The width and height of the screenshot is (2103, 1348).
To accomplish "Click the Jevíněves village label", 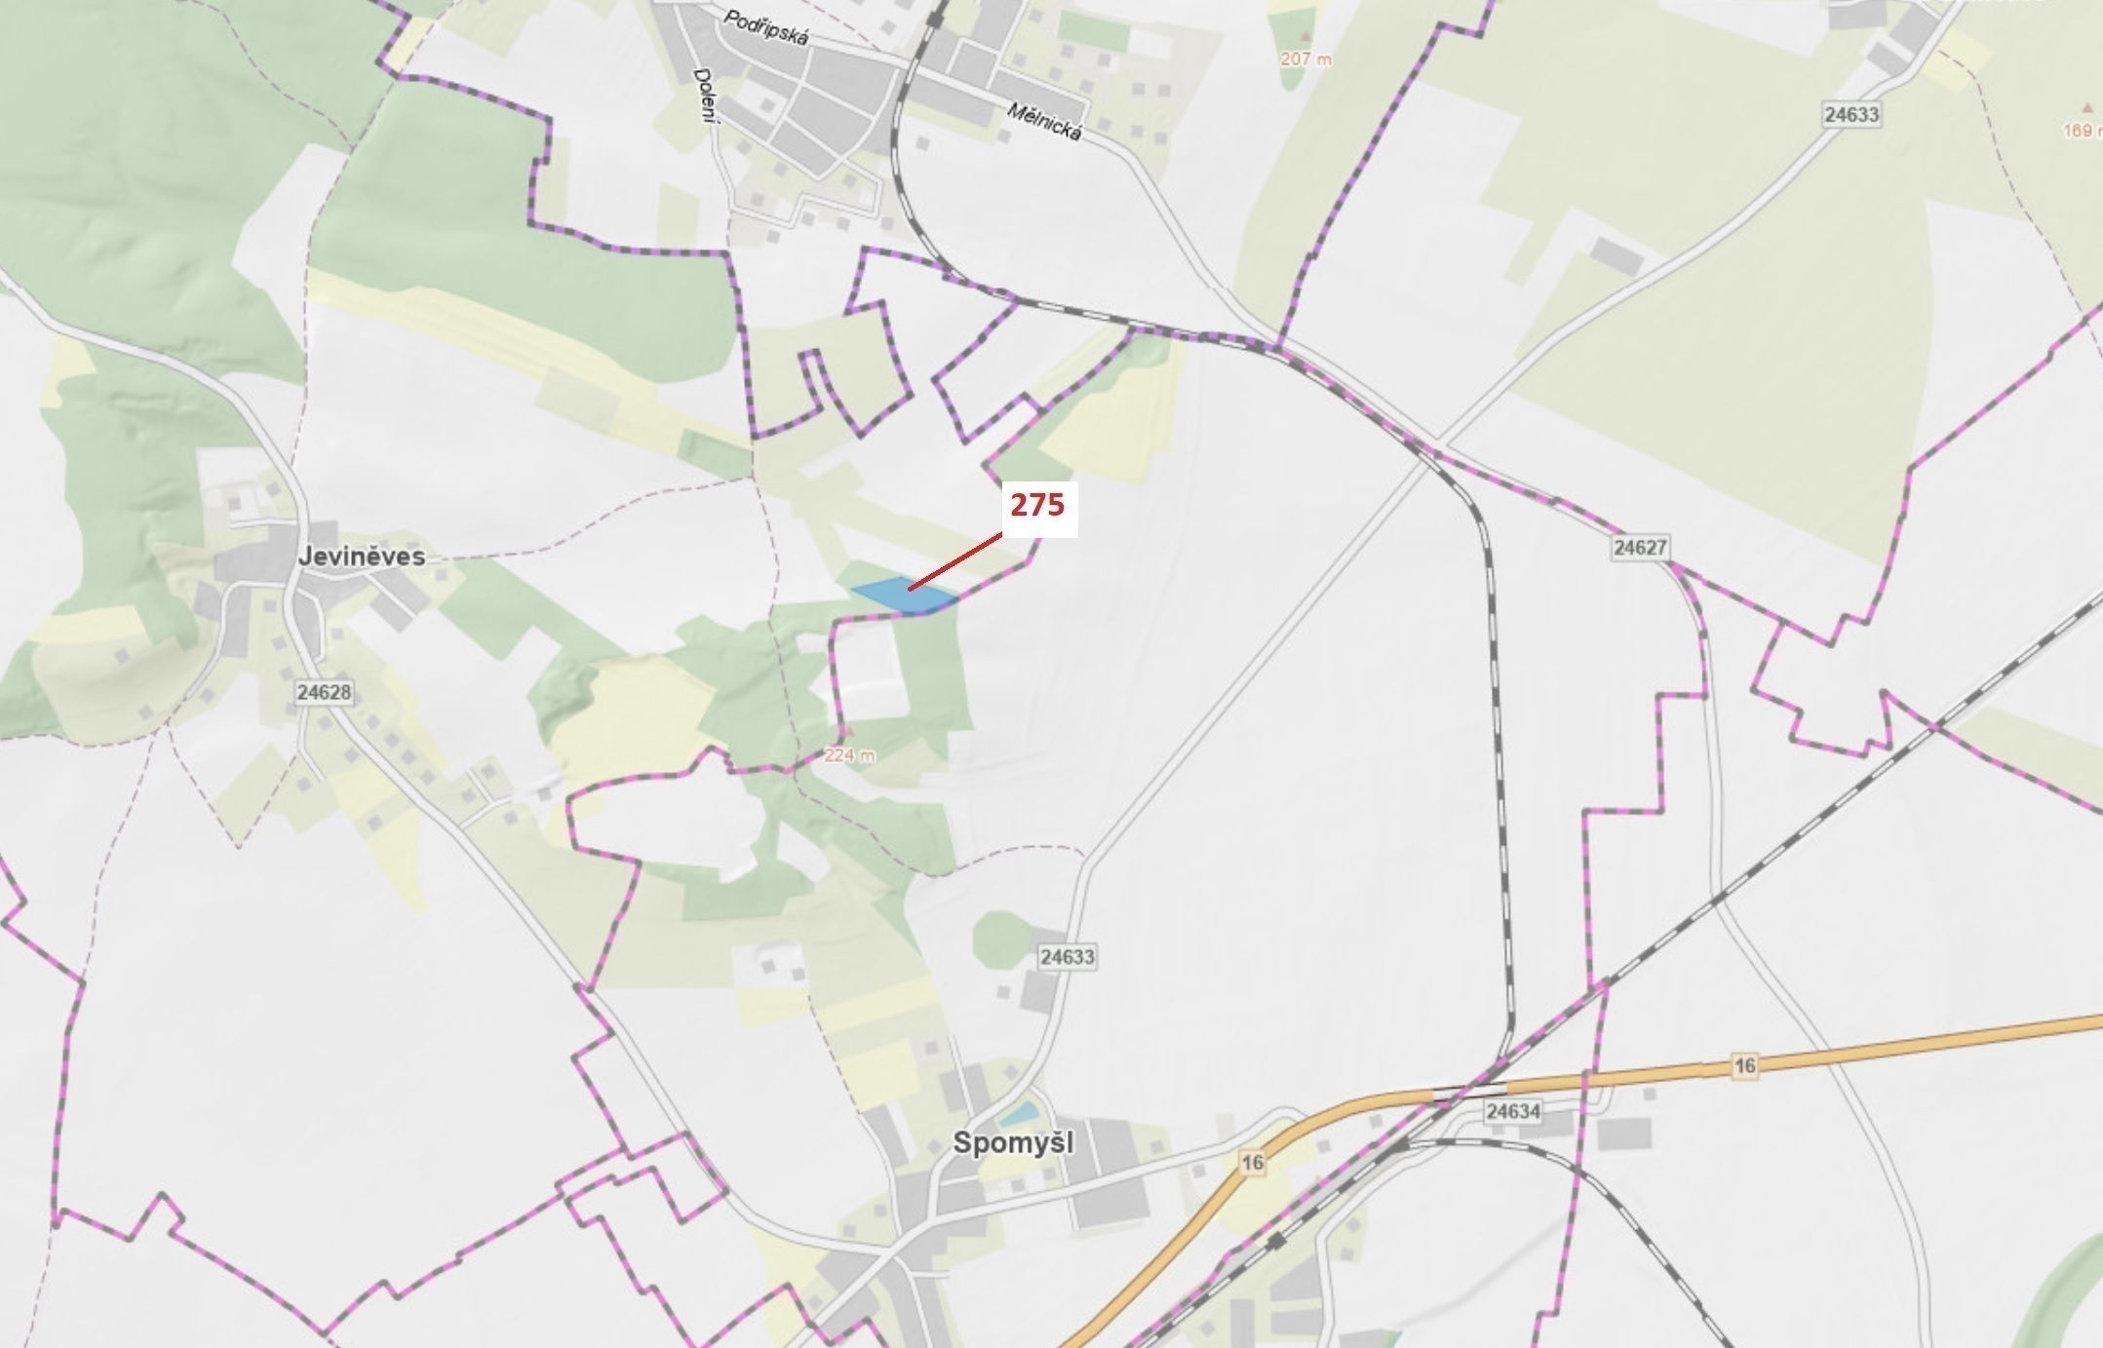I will (362, 557).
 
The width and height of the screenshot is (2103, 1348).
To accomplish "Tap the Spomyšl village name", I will (1013, 1142).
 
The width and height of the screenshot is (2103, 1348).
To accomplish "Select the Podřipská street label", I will (766, 26).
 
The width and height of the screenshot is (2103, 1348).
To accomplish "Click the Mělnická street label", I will (1044, 122).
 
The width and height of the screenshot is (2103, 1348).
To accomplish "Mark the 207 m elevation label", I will (1305, 58).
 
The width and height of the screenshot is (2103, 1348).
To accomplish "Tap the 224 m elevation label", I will (849, 754).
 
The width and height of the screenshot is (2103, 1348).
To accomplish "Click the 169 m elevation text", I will (2083, 130).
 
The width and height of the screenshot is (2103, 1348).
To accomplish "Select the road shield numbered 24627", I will (1639, 548).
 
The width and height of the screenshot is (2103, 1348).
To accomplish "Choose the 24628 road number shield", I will (324, 692).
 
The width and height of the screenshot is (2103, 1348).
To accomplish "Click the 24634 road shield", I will (1513, 1111).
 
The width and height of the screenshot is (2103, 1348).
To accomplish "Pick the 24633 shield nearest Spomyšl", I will (1067, 957).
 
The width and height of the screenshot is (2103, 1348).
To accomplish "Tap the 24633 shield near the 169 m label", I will (1850, 114).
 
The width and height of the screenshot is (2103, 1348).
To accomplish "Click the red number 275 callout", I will (1038, 506).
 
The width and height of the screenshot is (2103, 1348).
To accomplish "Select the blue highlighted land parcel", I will (903, 596).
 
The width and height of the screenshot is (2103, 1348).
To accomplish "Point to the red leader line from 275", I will (955, 561).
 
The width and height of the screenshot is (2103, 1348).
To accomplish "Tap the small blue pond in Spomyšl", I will (1020, 1112).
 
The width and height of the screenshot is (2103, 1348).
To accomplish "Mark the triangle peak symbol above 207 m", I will (1305, 36).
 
